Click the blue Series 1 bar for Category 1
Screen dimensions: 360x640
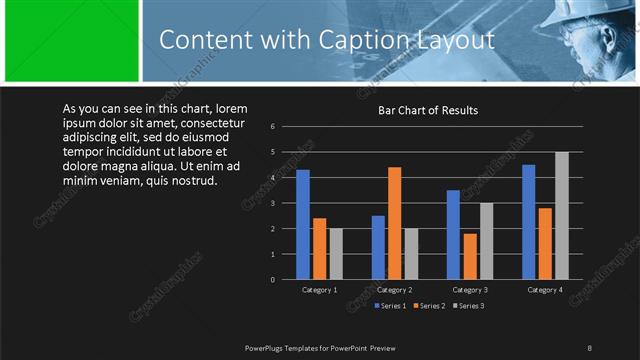(x=303, y=225)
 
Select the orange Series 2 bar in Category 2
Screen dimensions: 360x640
(x=394, y=223)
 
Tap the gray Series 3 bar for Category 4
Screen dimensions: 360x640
(x=561, y=216)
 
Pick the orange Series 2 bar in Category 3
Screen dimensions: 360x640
(x=469, y=256)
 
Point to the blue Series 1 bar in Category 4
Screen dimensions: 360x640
(x=529, y=222)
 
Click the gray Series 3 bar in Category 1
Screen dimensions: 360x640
(x=336, y=254)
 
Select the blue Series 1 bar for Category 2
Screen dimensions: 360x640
(x=378, y=247)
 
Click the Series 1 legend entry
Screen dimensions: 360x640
(x=390, y=305)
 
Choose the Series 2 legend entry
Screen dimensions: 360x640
(x=429, y=305)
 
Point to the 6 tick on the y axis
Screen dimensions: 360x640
(x=272, y=127)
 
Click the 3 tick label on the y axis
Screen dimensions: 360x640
(x=272, y=203)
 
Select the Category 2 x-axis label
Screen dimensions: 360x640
(x=394, y=290)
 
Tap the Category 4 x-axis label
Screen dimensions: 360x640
(x=545, y=290)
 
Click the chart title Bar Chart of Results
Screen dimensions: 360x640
(x=427, y=111)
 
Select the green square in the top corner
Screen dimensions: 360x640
(x=71, y=40)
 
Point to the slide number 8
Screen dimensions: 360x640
(x=589, y=347)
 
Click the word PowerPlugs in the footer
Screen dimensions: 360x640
(x=265, y=347)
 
